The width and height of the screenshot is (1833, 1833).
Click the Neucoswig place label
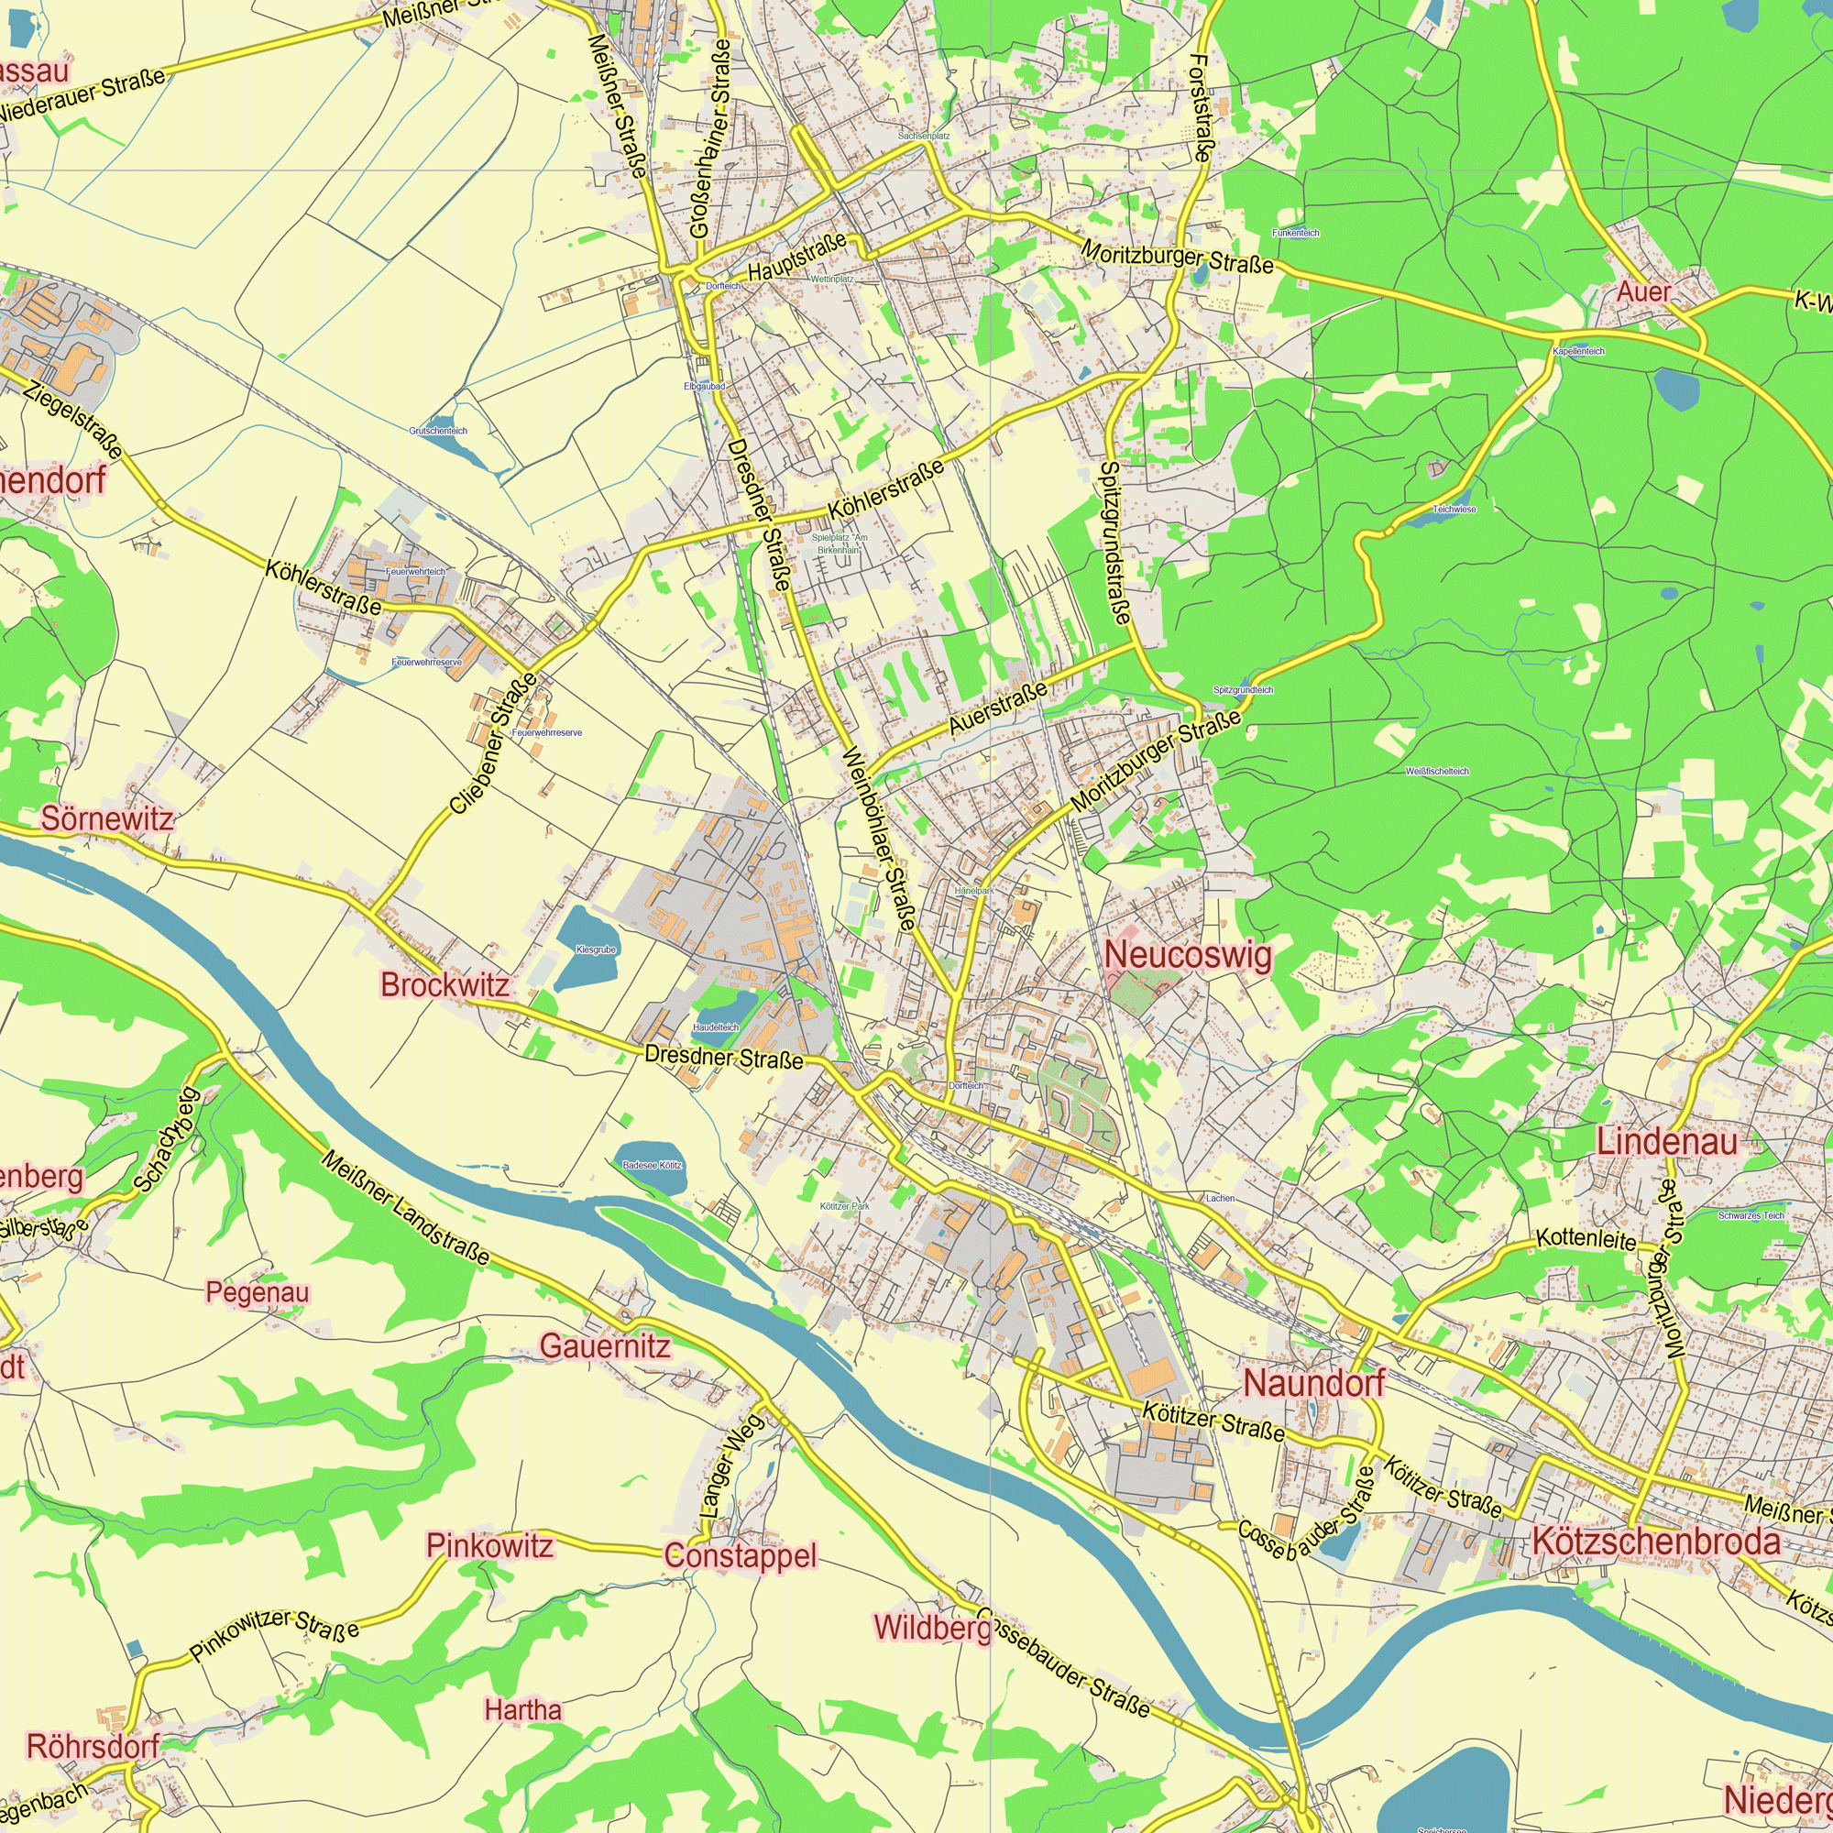(x=1188, y=954)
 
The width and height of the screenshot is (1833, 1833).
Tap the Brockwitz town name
(x=445, y=985)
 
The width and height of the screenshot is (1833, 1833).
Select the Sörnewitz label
(x=107, y=818)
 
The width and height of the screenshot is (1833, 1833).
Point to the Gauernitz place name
(x=605, y=1345)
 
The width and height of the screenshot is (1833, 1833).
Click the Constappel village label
(x=740, y=1556)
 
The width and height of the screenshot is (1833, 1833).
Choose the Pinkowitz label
(x=489, y=1545)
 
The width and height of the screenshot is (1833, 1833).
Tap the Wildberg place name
(x=933, y=1628)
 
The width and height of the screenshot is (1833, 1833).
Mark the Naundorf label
(x=1314, y=1383)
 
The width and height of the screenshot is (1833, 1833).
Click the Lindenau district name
(x=1667, y=1141)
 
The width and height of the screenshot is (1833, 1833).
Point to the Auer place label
(x=1643, y=291)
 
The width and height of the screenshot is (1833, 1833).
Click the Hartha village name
(x=522, y=1709)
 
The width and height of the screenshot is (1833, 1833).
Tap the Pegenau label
(x=258, y=1292)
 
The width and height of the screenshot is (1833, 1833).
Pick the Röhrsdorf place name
(x=93, y=1746)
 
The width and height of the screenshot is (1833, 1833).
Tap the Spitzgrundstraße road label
(x=1116, y=542)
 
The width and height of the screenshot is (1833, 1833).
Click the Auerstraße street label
(x=998, y=708)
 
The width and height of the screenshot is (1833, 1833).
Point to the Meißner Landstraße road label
(x=405, y=1208)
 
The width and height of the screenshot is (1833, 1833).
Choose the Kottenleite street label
(x=1586, y=1239)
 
